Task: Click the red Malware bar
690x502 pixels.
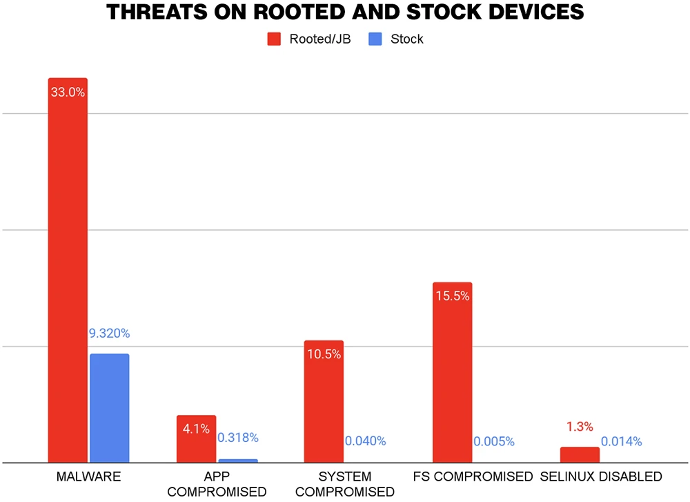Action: click(x=68, y=276)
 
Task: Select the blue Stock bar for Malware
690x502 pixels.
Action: click(x=109, y=407)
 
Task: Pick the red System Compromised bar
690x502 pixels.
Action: click(x=324, y=407)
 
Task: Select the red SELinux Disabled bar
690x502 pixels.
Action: click(x=580, y=454)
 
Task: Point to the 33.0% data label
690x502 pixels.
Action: click(x=68, y=91)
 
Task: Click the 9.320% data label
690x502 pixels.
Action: click(x=109, y=334)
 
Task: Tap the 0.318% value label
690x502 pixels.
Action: click(x=238, y=438)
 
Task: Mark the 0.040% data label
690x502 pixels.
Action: click(x=366, y=441)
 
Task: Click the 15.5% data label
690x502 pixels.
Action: click(x=452, y=296)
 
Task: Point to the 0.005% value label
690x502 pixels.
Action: click(x=494, y=441)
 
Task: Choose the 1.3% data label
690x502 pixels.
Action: click(x=580, y=427)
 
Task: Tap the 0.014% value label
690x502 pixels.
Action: click(x=622, y=441)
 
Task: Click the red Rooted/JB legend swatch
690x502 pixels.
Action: click(x=274, y=39)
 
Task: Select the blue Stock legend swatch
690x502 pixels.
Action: click(x=375, y=39)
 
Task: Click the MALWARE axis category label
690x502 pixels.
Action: click(x=88, y=476)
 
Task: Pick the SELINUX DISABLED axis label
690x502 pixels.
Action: click(x=601, y=476)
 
